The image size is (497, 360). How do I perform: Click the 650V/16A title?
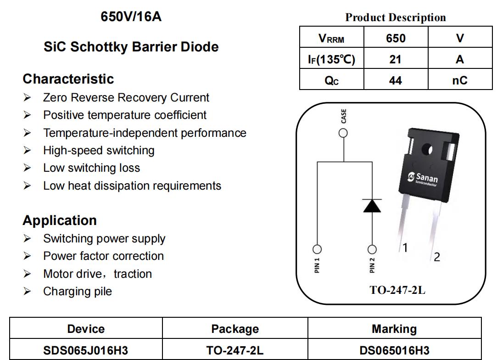pos(131,17)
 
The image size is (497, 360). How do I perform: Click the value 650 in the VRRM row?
pos(396,38)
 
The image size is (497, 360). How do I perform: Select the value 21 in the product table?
pos(395,59)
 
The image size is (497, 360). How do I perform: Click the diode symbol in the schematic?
pos(372,206)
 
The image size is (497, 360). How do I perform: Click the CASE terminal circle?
pos(343,133)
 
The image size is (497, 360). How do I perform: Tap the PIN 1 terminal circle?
pos(317,249)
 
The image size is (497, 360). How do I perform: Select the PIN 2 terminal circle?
pos(372,249)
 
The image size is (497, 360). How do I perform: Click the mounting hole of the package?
pos(427,149)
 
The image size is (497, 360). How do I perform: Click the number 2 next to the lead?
pos(437,257)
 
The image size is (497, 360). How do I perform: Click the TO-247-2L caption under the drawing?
pos(397,290)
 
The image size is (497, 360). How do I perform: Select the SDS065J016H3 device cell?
pos(85,350)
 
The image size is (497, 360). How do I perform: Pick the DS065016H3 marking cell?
pos(394,350)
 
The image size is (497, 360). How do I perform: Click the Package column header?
pos(235,329)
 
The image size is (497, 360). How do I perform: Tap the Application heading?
pos(60,220)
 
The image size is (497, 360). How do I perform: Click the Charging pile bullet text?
pos(78,291)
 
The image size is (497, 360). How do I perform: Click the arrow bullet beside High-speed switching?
pos(27,150)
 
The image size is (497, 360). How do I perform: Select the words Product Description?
pos(395,17)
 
